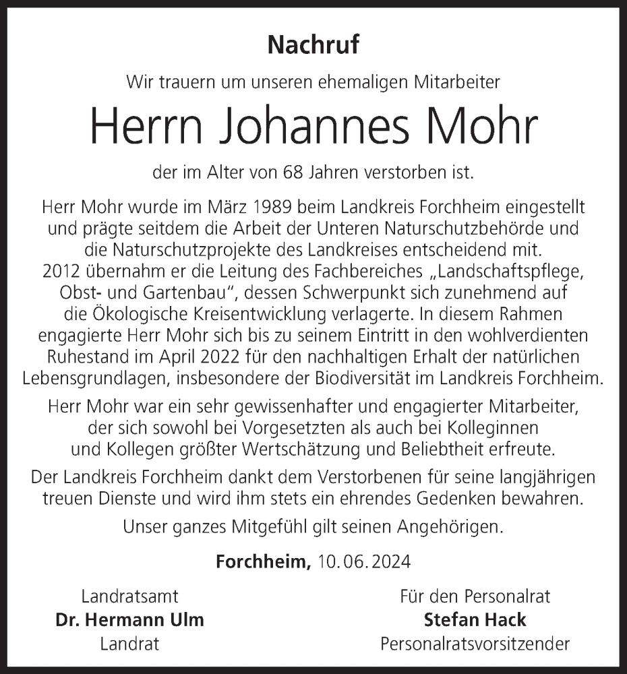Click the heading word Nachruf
[x=313, y=45]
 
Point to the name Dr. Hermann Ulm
[x=129, y=619]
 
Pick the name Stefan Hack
[x=475, y=619]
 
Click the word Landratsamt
[x=129, y=596]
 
